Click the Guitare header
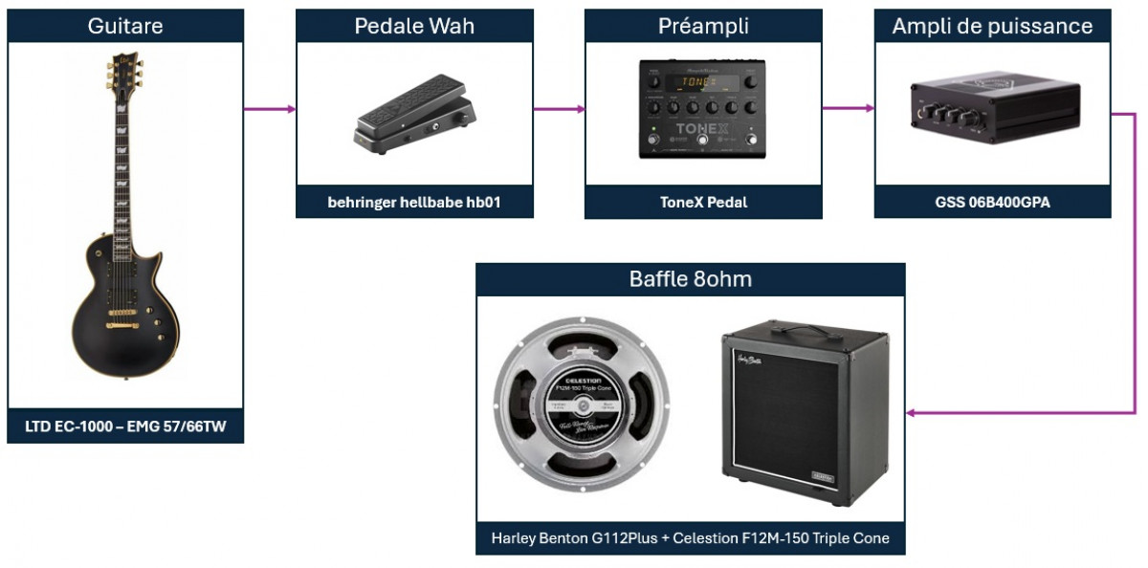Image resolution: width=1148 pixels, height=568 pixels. (x=125, y=26)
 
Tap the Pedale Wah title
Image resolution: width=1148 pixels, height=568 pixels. (x=414, y=26)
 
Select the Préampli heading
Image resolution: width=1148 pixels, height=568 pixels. (x=703, y=26)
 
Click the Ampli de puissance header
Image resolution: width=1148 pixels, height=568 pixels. (x=992, y=26)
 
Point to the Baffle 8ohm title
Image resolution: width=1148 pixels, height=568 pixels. (x=690, y=279)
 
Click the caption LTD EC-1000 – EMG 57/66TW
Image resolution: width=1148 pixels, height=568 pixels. (x=125, y=426)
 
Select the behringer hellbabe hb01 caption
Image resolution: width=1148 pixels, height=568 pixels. (x=414, y=202)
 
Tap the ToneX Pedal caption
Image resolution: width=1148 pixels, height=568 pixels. (x=703, y=202)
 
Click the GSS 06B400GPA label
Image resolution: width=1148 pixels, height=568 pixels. (x=992, y=202)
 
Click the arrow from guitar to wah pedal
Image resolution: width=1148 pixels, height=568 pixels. (x=269, y=109)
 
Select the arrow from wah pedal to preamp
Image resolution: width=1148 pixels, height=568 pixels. (x=559, y=109)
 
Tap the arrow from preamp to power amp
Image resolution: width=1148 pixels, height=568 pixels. (x=848, y=109)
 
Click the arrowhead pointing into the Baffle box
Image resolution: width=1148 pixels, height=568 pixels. (x=913, y=413)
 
